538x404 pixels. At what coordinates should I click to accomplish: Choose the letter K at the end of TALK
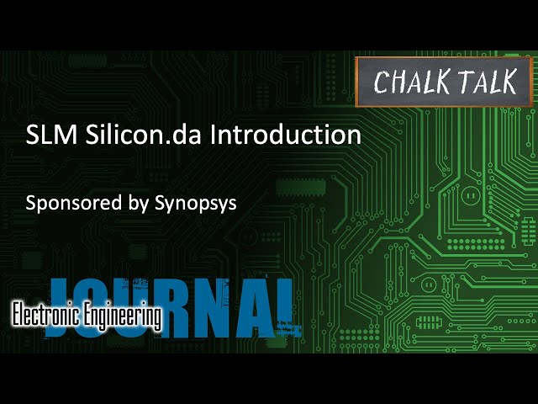coord(514,82)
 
